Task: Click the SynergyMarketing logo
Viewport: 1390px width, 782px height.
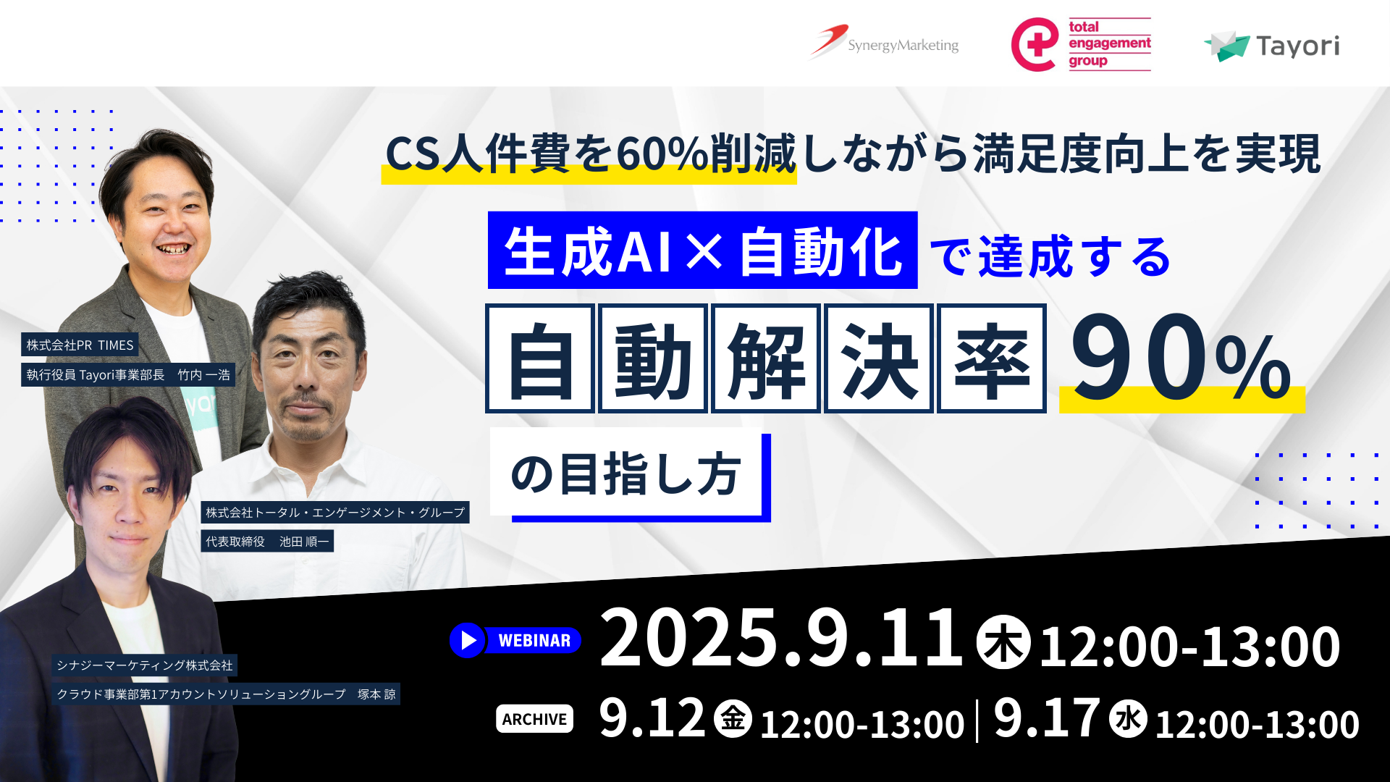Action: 885,43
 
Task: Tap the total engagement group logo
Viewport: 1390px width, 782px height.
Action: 1081,44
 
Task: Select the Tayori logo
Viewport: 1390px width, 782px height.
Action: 1272,46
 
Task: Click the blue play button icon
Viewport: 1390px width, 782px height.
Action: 467,640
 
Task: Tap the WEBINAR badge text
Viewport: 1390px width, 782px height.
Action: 534,641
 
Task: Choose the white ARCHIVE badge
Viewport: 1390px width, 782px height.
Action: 534,719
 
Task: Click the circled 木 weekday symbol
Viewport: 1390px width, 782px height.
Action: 1003,642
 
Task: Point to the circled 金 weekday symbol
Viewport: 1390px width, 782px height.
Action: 733,719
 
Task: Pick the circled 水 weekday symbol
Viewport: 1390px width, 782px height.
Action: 1128,719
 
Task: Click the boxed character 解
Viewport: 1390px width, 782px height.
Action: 766,359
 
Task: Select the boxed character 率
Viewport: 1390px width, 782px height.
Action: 991,359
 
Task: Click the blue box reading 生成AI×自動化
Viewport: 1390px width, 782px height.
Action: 702,251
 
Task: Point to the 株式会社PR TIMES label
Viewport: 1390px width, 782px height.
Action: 80,345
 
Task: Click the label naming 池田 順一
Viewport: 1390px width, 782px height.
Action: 267,542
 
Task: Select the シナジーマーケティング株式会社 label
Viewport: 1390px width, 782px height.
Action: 145,665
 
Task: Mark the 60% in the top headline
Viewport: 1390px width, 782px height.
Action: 662,154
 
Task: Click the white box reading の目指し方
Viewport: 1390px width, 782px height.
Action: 626,474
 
